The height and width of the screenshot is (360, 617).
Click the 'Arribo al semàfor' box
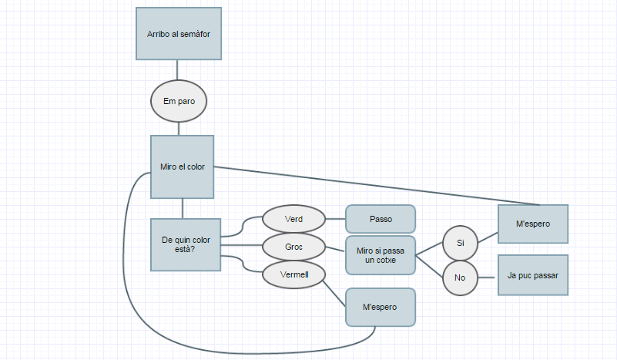pos(179,34)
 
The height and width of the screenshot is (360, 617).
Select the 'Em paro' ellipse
pos(179,101)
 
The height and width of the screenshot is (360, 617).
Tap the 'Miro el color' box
pos(182,167)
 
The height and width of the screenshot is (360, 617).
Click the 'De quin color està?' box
pos(182,244)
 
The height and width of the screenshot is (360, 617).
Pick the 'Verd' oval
pos(293,219)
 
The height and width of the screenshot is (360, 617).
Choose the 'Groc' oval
pos(293,247)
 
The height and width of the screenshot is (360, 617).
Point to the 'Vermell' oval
pos(293,274)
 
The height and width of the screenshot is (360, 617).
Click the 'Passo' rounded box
pos(381,219)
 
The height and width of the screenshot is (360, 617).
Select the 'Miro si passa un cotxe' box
pos(381,255)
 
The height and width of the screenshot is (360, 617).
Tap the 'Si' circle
pos(461,243)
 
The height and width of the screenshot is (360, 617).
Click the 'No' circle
pos(461,278)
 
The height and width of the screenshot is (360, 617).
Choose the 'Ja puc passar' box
pos(533,274)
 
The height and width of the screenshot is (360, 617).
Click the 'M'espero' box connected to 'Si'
pos(533,224)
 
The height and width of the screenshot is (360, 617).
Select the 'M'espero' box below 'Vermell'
pos(381,307)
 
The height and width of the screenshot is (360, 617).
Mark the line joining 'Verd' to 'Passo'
pos(335,219)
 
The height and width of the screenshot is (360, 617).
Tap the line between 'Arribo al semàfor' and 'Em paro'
pos(179,70)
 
